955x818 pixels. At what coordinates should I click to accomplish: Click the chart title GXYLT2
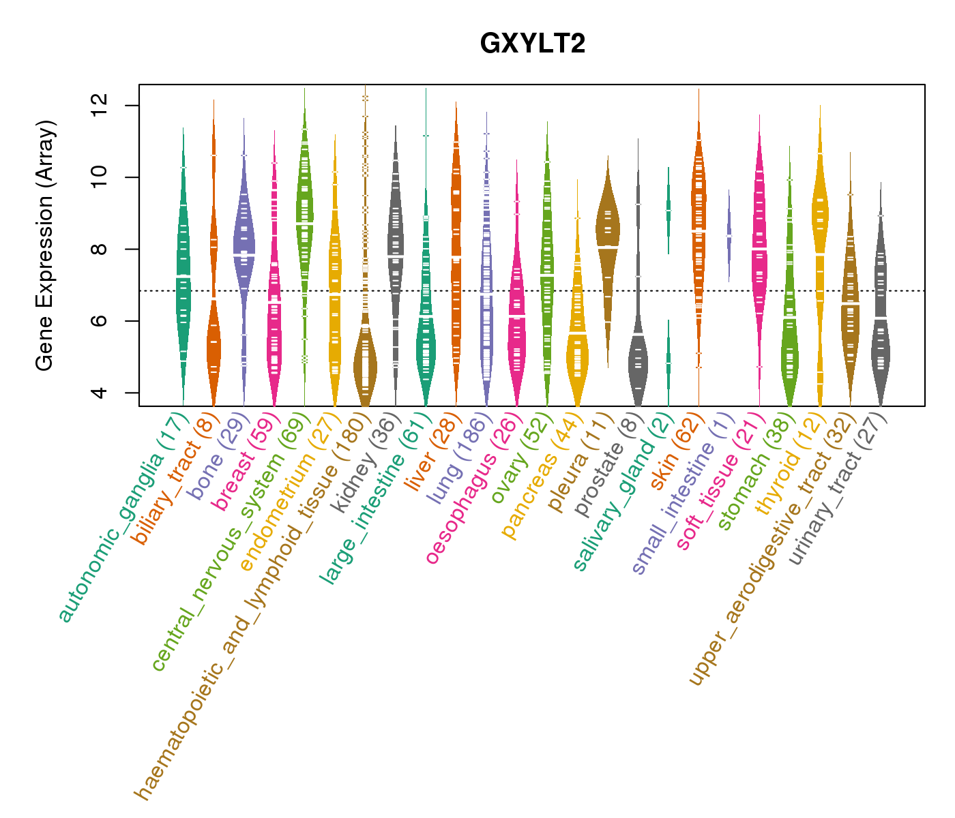pos(533,44)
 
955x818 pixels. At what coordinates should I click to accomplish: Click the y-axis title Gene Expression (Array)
pos(45,245)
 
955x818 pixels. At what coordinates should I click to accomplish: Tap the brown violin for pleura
pos(607,228)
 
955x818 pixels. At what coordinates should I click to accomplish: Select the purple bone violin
pos(244,239)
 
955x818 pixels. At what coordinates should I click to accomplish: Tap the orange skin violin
pos(699,225)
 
